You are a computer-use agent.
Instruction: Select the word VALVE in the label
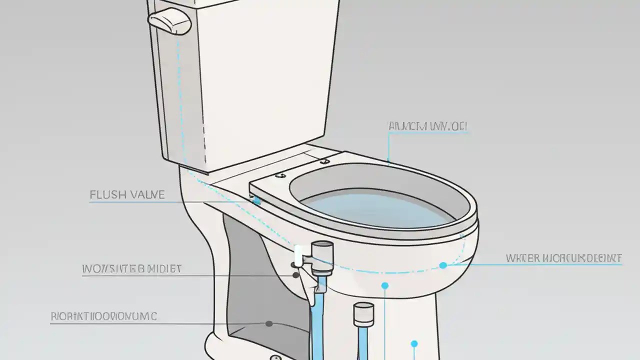pos(146,194)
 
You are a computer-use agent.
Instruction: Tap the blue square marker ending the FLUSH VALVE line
pos(257,201)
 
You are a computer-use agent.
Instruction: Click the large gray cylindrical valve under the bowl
pos(322,257)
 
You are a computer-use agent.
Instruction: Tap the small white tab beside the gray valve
pos(298,255)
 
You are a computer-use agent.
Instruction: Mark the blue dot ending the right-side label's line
pos(443,265)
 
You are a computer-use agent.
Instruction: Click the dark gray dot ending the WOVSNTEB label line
pos(295,275)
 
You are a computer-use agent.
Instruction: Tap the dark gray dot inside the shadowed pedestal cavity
pos(269,323)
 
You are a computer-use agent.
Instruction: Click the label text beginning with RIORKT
pos(103,316)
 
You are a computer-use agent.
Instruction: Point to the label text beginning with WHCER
pos(563,258)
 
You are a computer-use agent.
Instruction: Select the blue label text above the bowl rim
pos(427,126)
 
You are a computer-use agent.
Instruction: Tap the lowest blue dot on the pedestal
pos(414,343)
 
